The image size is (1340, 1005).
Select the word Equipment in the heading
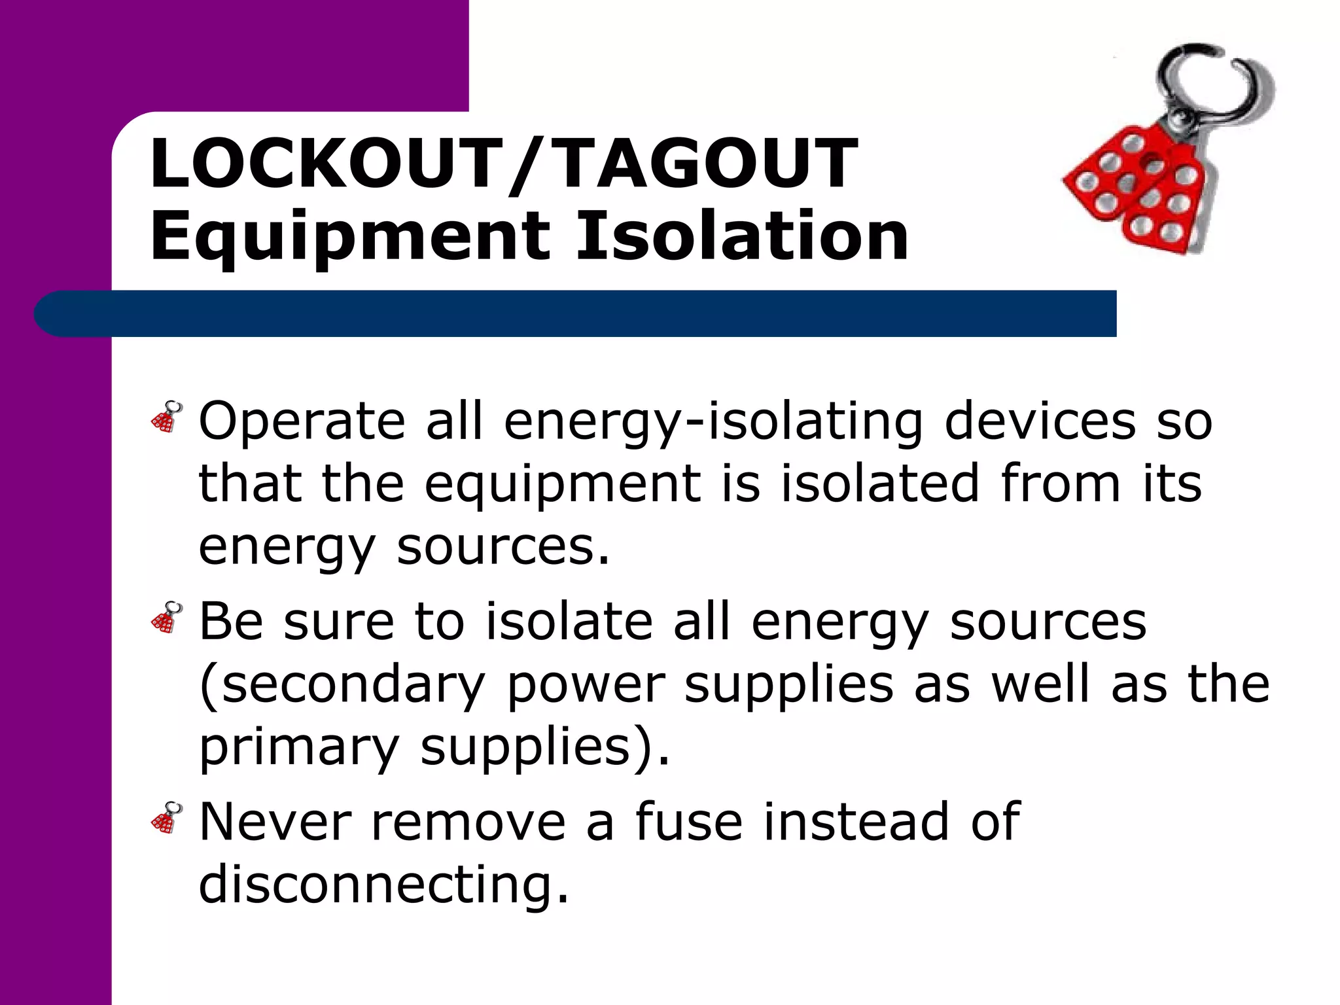350,237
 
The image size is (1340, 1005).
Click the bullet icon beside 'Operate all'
166,417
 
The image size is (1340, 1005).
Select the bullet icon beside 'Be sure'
166,617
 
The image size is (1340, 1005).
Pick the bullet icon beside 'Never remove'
166,817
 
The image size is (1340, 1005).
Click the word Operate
302,422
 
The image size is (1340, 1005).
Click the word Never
275,821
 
